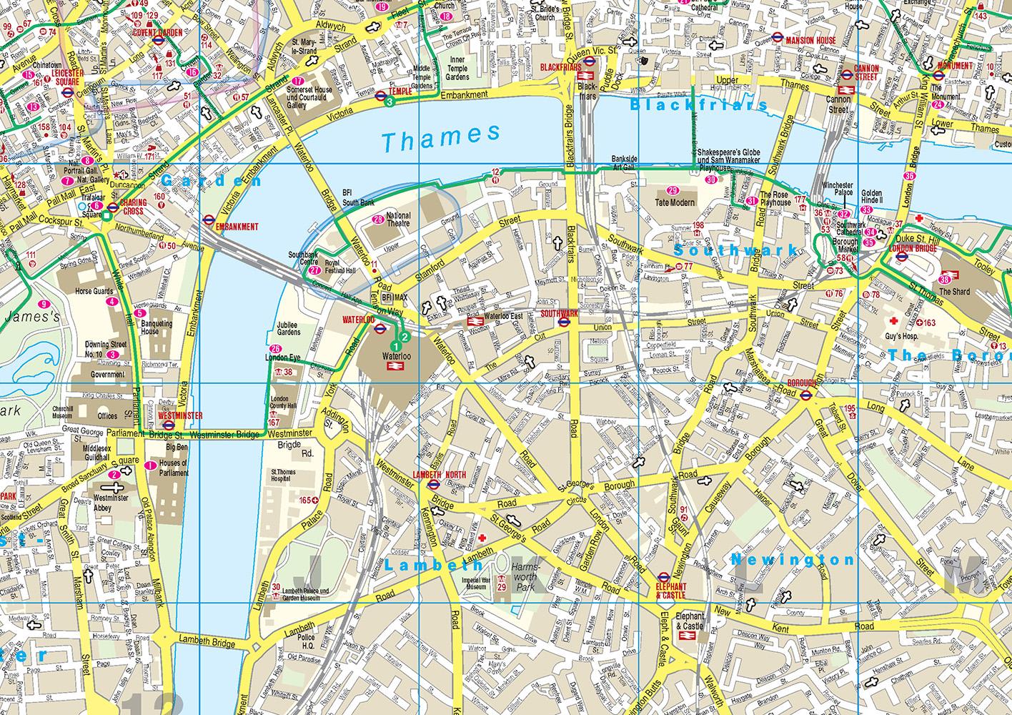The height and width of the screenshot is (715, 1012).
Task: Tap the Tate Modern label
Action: click(x=675, y=202)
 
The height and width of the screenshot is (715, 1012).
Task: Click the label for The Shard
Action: click(x=955, y=292)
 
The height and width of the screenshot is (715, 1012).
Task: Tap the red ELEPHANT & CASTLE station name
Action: click(x=670, y=590)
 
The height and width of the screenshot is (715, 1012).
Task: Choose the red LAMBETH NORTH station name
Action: click(x=440, y=475)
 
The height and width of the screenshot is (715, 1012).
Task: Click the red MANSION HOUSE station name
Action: click(x=810, y=41)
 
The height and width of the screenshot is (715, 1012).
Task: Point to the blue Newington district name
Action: click(x=792, y=560)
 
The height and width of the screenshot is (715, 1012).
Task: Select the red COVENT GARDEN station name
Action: click(x=156, y=33)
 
